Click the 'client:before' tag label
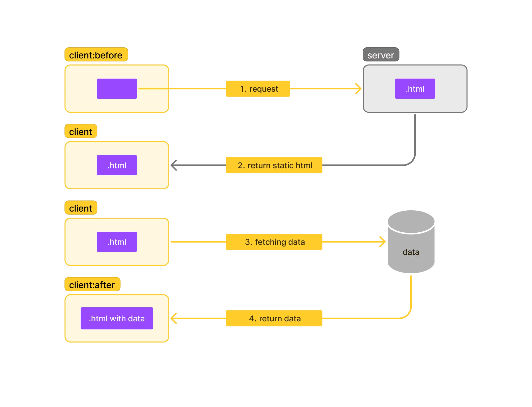tap(96, 55)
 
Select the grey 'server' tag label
tap(381, 55)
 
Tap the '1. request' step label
tap(258, 89)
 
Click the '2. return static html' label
tap(274, 165)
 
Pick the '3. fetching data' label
tap(274, 242)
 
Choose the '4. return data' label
tap(274, 318)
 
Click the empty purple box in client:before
tap(117, 89)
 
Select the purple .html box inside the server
tap(415, 89)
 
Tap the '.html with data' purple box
tap(117, 318)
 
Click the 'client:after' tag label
tap(92, 284)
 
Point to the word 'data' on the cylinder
tap(411, 252)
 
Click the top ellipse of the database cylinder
tap(411, 221)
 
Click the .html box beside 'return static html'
tap(117, 165)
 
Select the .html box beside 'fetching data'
tap(117, 242)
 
